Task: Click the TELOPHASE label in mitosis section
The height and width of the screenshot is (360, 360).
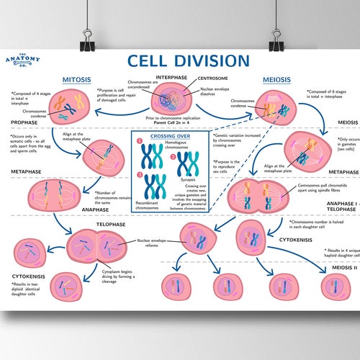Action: point(111,224)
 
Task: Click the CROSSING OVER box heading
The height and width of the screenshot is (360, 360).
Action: point(169,135)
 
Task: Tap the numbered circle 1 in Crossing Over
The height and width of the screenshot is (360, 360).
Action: point(140,142)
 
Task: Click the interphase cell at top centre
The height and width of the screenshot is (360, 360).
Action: point(171,99)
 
